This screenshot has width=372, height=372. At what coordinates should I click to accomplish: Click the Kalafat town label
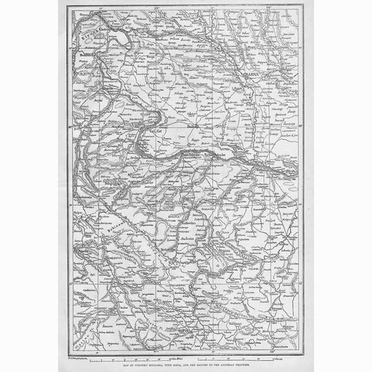coord(155,132)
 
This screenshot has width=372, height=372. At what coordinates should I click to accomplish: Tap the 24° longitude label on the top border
coord(273,7)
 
